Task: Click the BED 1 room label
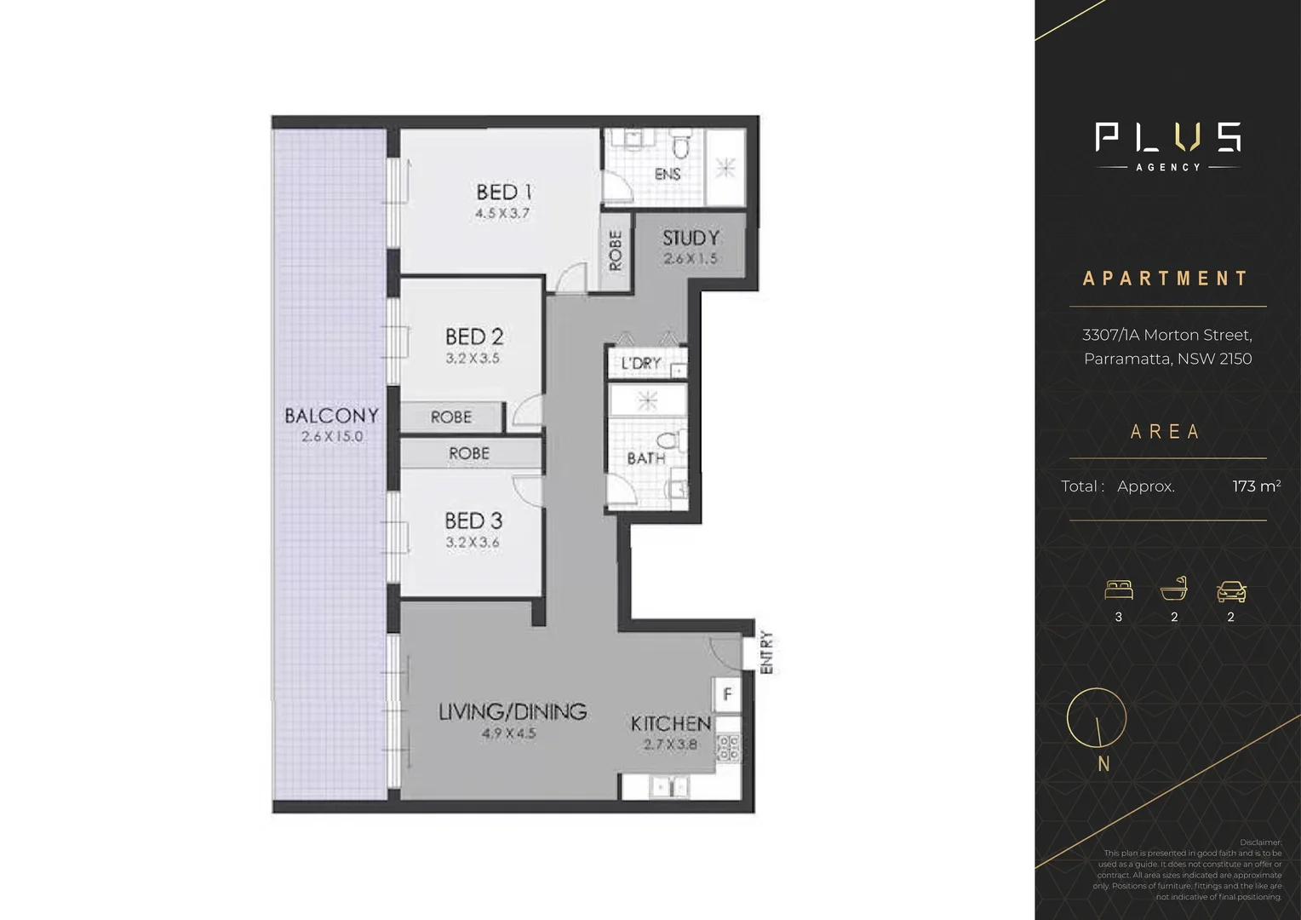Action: pos(503,193)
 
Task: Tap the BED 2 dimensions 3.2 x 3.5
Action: pos(473,359)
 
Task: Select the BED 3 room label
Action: pos(473,520)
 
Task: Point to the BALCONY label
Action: pos(331,416)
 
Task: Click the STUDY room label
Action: pos(691,239)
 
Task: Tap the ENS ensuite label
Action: pos(667,174)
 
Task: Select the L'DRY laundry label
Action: pos(640,364)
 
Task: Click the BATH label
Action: pos(645,458)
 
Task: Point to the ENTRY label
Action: pos(766,653)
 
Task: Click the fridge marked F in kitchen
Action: pos(727,694)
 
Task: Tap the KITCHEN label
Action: pos(670,724)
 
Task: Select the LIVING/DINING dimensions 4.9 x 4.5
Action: pos(508,733)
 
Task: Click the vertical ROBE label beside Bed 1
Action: pos(616,250)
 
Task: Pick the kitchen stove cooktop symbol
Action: pos(728,748)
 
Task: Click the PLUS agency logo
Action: pos(1167,145)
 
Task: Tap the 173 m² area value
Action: pos(1256,486)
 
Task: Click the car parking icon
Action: pos(1231,591)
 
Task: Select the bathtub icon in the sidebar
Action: pos(1174,589)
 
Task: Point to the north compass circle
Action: pos(1097,718)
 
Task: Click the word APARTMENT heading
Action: pos(1166,279)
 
